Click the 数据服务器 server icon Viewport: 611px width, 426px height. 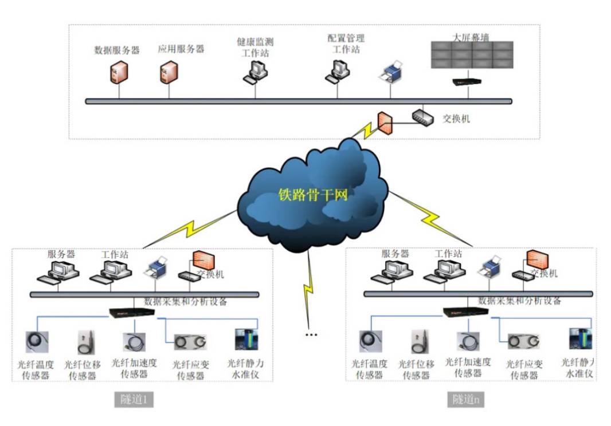[119, 72]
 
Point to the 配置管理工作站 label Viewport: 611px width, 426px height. [346, 44]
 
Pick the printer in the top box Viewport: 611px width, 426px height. [391, 72]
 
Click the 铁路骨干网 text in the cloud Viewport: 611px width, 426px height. [313, 195]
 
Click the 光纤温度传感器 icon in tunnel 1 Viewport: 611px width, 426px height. [37, 342]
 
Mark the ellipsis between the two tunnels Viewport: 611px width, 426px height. [311, 334]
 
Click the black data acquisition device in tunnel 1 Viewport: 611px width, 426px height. [132, 313]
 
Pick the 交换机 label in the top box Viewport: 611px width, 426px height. [457, 119]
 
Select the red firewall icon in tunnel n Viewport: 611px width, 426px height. [538, 260]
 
